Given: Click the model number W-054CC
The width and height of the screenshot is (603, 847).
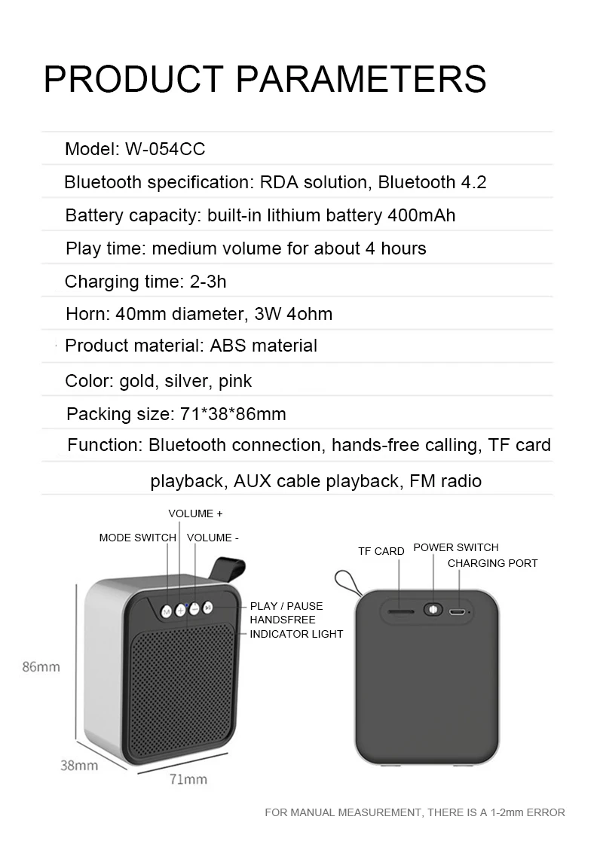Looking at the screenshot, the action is [165, 149].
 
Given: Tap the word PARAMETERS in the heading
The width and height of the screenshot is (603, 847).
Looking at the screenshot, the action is [361, 79].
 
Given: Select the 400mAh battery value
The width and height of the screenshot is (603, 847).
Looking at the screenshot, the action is [421, 215].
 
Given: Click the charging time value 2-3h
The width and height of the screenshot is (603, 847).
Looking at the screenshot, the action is [208, 282].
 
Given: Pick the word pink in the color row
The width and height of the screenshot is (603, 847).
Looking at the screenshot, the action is [235, 382].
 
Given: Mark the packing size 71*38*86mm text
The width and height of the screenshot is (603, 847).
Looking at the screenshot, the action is [233, 414].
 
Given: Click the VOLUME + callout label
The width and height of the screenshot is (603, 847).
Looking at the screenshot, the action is [195, 513].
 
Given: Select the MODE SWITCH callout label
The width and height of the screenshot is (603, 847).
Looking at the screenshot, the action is [137, 538].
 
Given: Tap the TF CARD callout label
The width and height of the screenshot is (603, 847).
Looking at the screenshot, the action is [381, 552].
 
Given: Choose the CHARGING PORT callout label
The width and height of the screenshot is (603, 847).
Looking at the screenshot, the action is [493, 563].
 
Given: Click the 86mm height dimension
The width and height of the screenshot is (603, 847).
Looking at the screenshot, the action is [41, 666].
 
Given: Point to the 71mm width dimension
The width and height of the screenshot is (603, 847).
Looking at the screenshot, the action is [188, 779].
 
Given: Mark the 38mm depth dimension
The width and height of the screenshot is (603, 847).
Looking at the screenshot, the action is [79, 766].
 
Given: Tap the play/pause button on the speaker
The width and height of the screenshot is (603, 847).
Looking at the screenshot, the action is [208, 608].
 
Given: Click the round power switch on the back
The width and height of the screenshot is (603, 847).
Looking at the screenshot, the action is [433, 610].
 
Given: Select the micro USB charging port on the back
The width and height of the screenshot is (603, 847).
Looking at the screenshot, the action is [457, 612].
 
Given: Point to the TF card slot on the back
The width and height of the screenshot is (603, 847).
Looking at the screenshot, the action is [401, 612].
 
